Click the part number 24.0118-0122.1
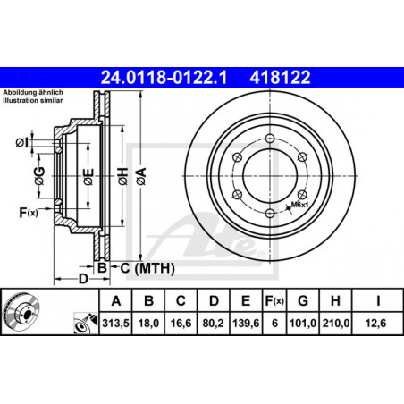click(x=164, y=77)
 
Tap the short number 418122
click(x=280, y=77)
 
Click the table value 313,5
click(x=115, y=324)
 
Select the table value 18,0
click(x=148, y=324)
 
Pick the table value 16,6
click(x=181, y=324)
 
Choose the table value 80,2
click(x=214, y=324)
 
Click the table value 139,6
click(x=246, y=324)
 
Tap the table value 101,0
click(x=303, y=324)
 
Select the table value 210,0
click(x=335, y=324)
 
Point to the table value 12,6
click(x=375, y=324)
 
